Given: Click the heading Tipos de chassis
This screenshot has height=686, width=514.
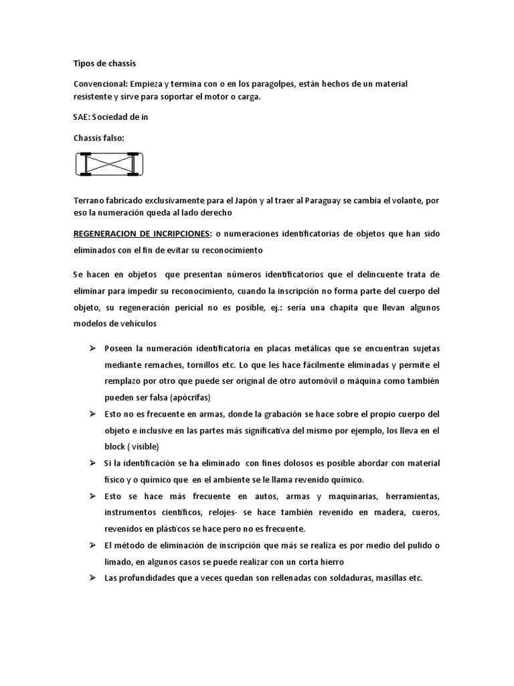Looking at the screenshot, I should pyautogui.click(x=104, y=64).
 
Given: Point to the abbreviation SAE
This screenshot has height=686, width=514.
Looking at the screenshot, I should pyautogui.click(x=81, y=117).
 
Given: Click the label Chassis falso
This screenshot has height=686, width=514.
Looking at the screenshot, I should pyautogui.click(x=98, y=137).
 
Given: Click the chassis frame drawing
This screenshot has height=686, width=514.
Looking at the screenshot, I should pyautogui.click(x=109, y=164).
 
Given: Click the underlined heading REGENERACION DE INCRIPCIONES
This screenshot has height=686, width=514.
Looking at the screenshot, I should pyautogui.click(x=142, y=233).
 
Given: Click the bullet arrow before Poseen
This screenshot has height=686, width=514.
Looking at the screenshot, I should pyautogui.click(x=92, y=348).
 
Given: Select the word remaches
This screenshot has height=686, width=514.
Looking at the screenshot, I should pyautogui.click(x=162, y=365).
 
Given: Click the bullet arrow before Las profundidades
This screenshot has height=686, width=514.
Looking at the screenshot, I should pyautogui.click(x=92, y=577).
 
